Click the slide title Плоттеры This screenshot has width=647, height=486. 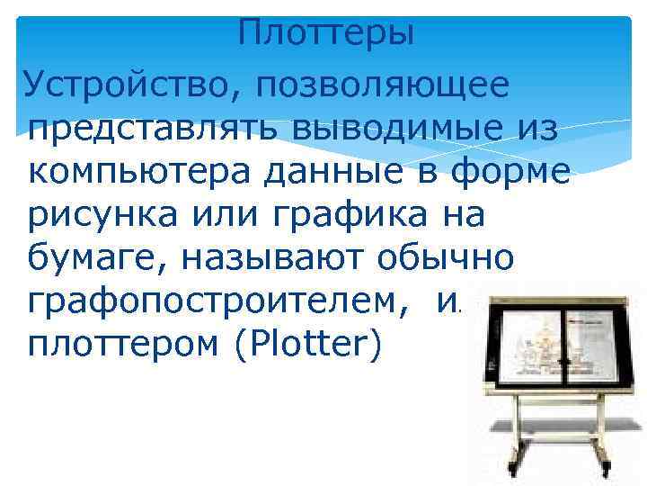[x=327, y=35]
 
